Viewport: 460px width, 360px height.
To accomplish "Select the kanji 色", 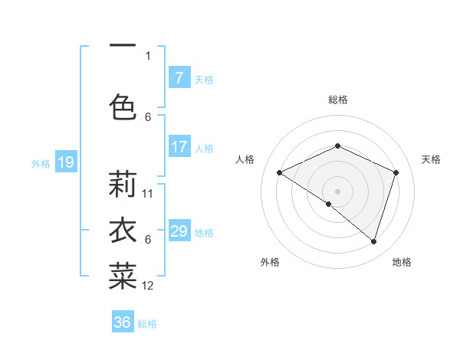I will (123, 106).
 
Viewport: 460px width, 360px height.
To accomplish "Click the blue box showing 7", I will (179, 78).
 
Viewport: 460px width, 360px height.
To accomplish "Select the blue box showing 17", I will (179, 147).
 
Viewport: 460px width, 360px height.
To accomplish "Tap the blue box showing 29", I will (179, 231).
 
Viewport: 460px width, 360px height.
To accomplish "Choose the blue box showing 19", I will (65, 162).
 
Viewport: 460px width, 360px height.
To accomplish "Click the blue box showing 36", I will (123, 322).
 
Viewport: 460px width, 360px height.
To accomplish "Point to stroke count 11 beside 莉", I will (148, 193).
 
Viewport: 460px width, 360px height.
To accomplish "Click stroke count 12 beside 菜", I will (148, 286).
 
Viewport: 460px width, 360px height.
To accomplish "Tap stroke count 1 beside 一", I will (148, 55).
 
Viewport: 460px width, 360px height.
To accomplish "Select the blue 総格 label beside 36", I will (147, 324).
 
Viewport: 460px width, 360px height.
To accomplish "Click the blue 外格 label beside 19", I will (41, 163).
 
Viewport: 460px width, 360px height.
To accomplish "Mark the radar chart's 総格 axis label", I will (337, 100).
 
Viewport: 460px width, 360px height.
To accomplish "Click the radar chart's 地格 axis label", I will (402, 262).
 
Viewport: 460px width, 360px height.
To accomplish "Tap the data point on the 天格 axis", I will (396, 172).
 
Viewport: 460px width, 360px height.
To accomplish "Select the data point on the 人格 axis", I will (279, 172).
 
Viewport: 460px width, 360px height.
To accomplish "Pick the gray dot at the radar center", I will (337, 191).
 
